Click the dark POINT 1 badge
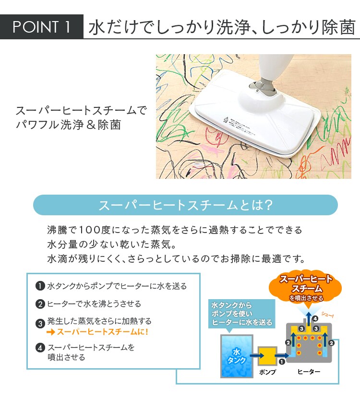tap(41, 27)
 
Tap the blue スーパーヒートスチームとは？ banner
tap(185, 205)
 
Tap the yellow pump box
tap(267, 356)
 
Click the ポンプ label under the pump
tap(267, 372)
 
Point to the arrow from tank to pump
tap(252, 356)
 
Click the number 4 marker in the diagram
tap(315, 318)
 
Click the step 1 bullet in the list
tap(40, 286)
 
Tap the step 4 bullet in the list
tap(40, 348)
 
